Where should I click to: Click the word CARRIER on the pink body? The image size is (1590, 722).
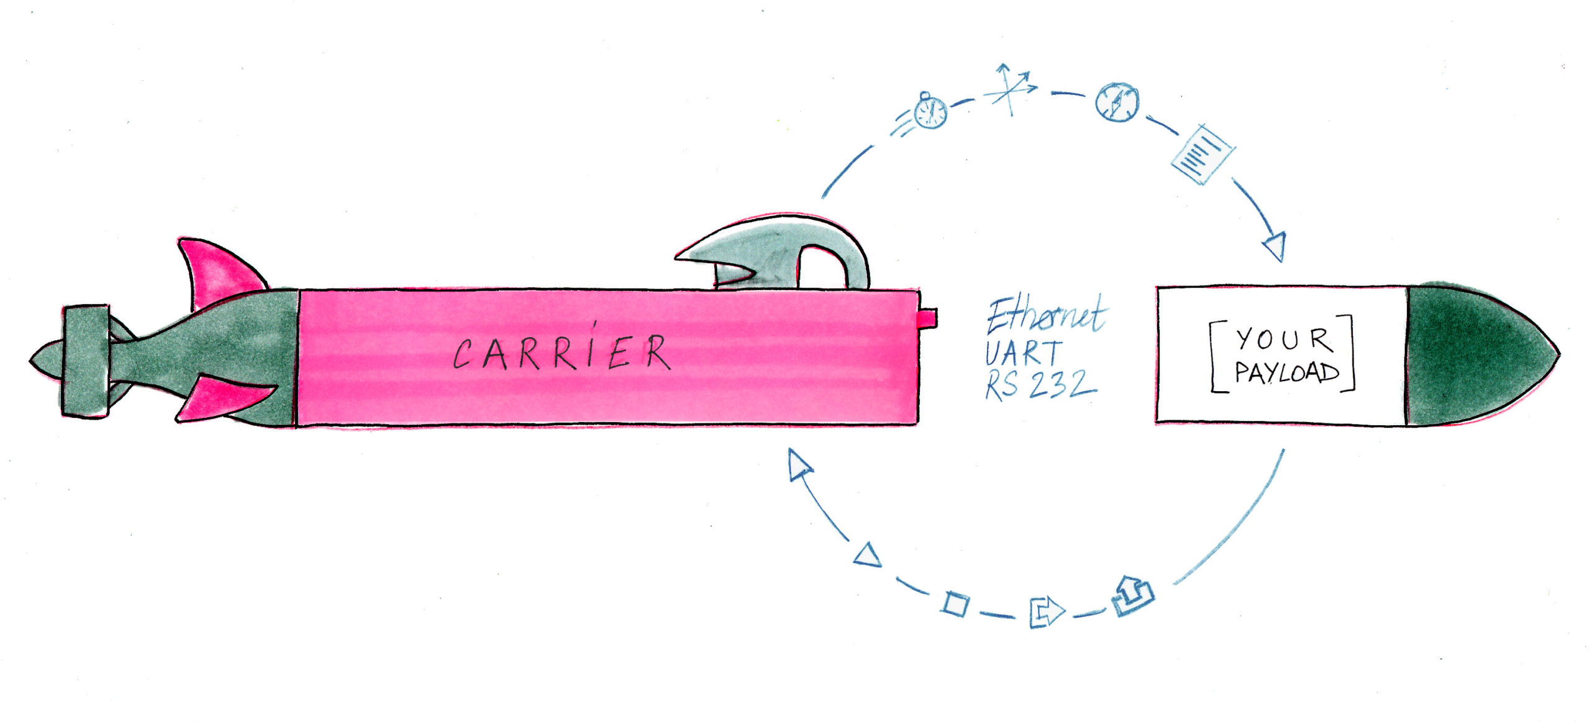[561, 353]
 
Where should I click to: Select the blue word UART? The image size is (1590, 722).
[1024, 354]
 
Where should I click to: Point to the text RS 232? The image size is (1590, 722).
[1040, 385]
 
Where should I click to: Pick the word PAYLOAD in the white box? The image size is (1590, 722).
[1286, 372]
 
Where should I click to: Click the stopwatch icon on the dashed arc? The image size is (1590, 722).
[930, 112]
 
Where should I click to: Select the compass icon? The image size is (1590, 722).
[1117, 102]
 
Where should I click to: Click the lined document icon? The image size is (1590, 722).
[1202, 154]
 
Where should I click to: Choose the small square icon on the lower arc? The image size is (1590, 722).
[956, 603]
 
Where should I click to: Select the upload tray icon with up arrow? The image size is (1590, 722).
[1133, 597]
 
